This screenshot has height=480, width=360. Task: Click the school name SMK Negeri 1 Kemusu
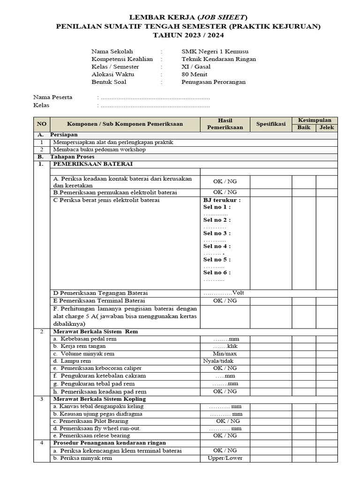point(215,52)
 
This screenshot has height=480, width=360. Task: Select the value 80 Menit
point(195,74)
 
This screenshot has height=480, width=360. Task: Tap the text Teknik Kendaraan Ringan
point(218,59)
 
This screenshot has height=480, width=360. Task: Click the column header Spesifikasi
point(270,124)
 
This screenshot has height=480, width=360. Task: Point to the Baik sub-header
point(303,127)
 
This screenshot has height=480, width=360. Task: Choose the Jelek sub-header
point(327,127)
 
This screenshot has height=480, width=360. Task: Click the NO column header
point(42,124)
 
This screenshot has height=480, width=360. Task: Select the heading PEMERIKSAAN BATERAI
point(93,164)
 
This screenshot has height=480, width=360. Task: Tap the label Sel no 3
point(217,233)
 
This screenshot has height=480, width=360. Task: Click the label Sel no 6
point(217,272)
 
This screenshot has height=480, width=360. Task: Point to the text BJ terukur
point(222,200)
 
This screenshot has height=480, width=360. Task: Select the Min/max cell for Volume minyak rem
point(225,353)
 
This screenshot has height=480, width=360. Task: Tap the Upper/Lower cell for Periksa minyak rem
point(225,458)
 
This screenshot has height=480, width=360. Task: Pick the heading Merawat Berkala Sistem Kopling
point(99,399)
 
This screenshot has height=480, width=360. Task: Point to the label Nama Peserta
point(52,97)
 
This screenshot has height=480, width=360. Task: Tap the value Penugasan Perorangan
point(213,82)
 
